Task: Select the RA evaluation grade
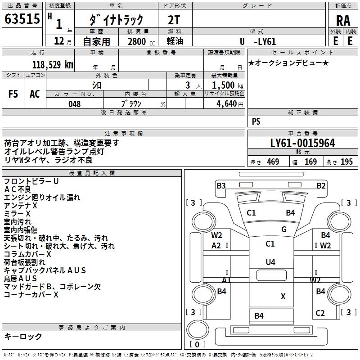[343, 20]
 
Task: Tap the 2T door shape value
[175, 19]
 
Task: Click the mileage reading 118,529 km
[52, 64]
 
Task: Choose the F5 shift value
[13, 94]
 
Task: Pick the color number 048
[75, 104]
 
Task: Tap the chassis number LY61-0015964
[302, 143]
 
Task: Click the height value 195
[346, 162]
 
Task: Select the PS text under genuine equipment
[256, 121]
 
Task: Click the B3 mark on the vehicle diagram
[221, 185]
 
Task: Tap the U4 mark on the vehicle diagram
[270, 262]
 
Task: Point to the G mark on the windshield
[284, 229]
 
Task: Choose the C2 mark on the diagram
[320, 313]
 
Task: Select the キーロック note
[23, 336]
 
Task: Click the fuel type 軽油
[175, 41]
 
